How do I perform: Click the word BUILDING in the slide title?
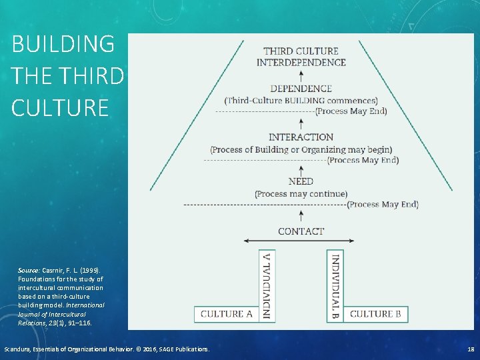tap(63, 45)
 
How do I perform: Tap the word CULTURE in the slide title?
tap(60, 107)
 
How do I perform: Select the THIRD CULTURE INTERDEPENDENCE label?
tap(301, 57)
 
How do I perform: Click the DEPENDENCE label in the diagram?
tap(301, 88)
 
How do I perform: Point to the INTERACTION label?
tap(301, 137)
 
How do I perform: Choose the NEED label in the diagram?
tap(301, 181)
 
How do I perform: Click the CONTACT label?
tap(301, 231)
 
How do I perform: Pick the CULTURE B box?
tap(375, 314)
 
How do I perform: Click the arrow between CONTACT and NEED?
tap(301, 215)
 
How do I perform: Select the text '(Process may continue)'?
tap(301, 194)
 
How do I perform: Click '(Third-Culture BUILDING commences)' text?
tap(301, 101)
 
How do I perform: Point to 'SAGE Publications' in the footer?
tap(179, 349)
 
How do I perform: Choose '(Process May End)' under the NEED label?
tap(383, 205)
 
